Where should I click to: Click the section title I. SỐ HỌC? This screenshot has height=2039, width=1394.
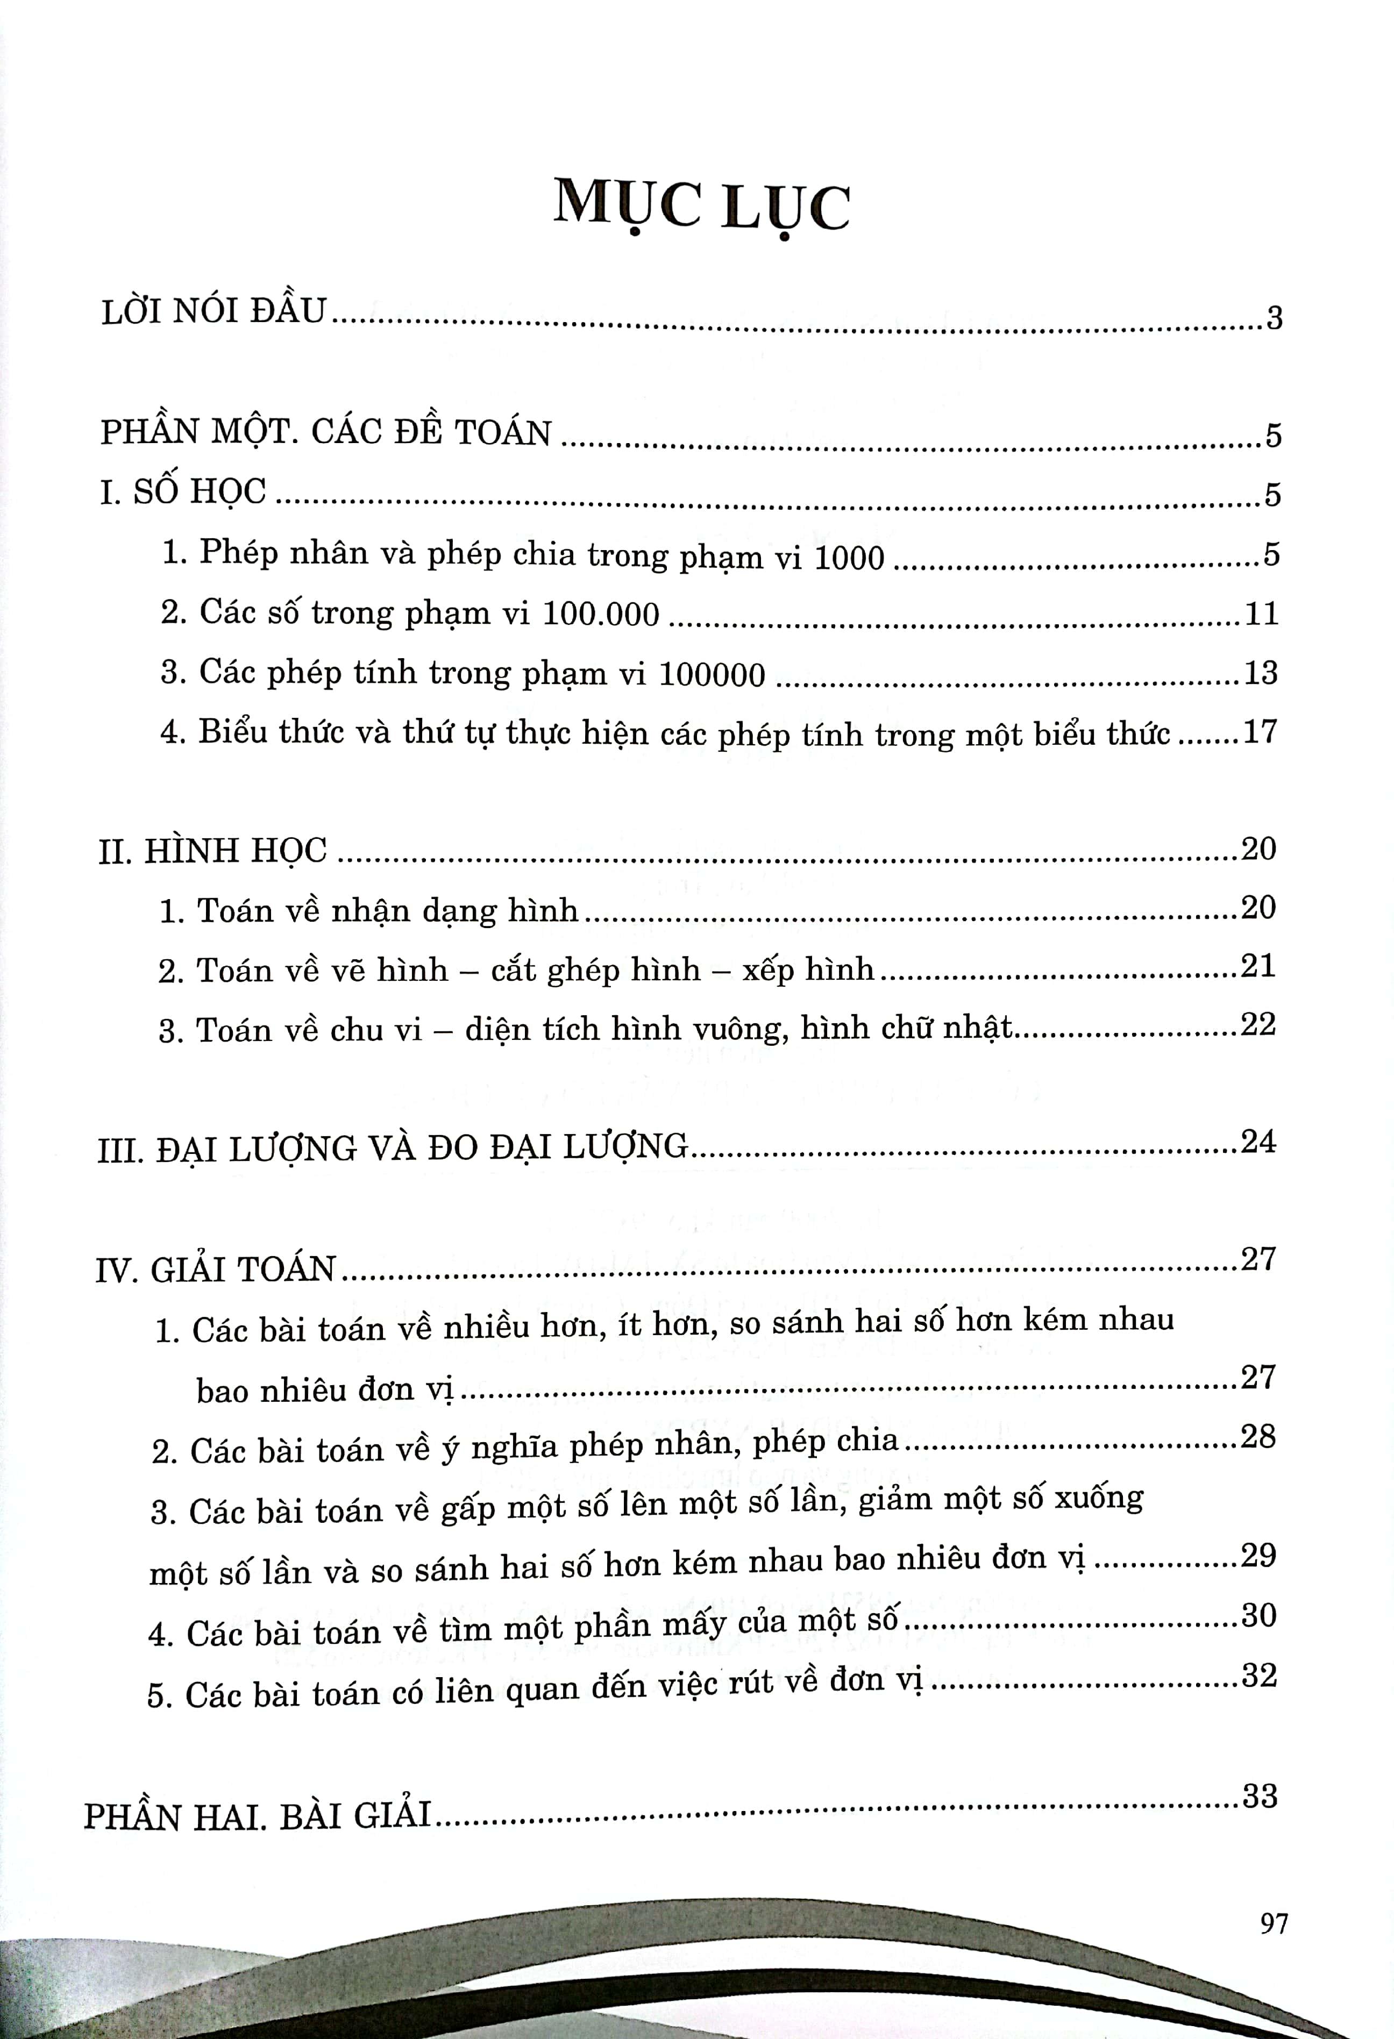tap(182, 492)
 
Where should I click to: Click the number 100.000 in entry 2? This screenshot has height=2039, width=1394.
tap(600, 614)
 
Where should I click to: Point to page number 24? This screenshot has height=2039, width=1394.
tap(1257, 1142)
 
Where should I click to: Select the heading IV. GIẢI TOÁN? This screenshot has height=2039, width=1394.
tap(216, 1270)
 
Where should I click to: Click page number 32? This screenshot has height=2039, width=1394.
tap(1258, 1676)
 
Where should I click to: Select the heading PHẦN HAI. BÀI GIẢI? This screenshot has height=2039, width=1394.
tap(258, 1816)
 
